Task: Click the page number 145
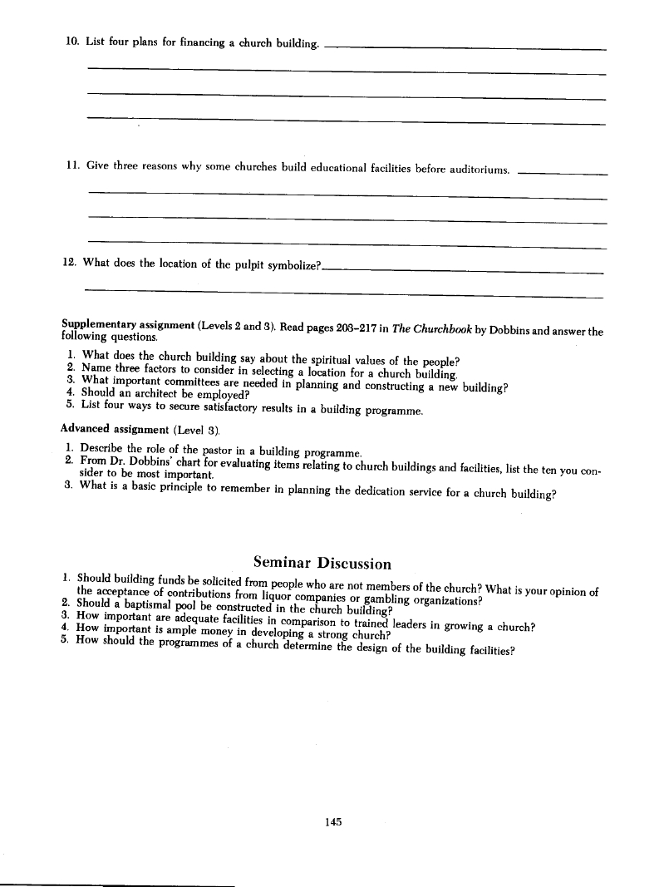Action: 334,821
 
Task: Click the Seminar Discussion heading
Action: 321,564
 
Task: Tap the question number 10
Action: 71,42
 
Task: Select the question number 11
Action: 71,165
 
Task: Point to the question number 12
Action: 71,263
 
